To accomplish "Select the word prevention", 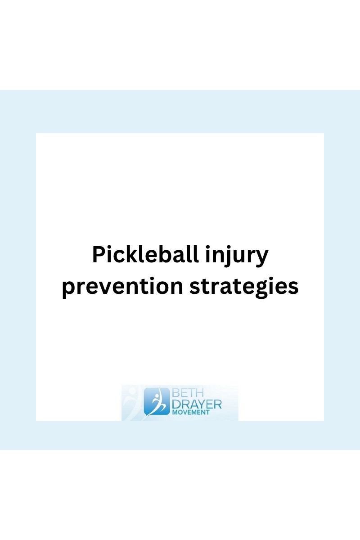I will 122,286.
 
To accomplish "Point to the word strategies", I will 243,287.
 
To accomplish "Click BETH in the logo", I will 185,392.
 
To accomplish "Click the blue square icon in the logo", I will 157,401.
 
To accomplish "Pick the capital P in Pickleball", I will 99,255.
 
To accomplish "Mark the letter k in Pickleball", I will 129,255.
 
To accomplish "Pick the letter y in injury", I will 262,258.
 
